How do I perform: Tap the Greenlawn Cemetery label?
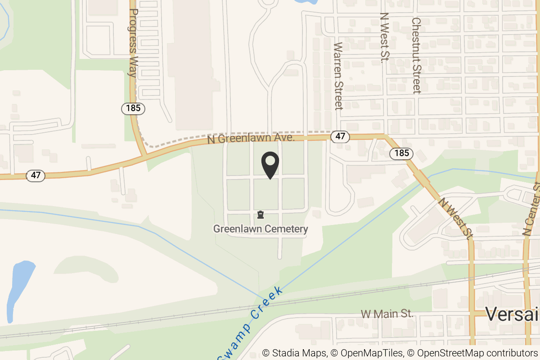pos(261,229)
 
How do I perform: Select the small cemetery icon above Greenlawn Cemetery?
pos(261,215)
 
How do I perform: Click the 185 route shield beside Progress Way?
pos(133,108)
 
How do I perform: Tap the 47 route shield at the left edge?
pos(36,175)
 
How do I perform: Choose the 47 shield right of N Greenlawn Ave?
pos(340,136)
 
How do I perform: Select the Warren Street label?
pos(339,76)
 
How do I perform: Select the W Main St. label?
pos(387,313)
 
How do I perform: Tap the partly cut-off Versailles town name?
pos(512,314)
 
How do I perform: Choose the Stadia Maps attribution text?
pos(294,353)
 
